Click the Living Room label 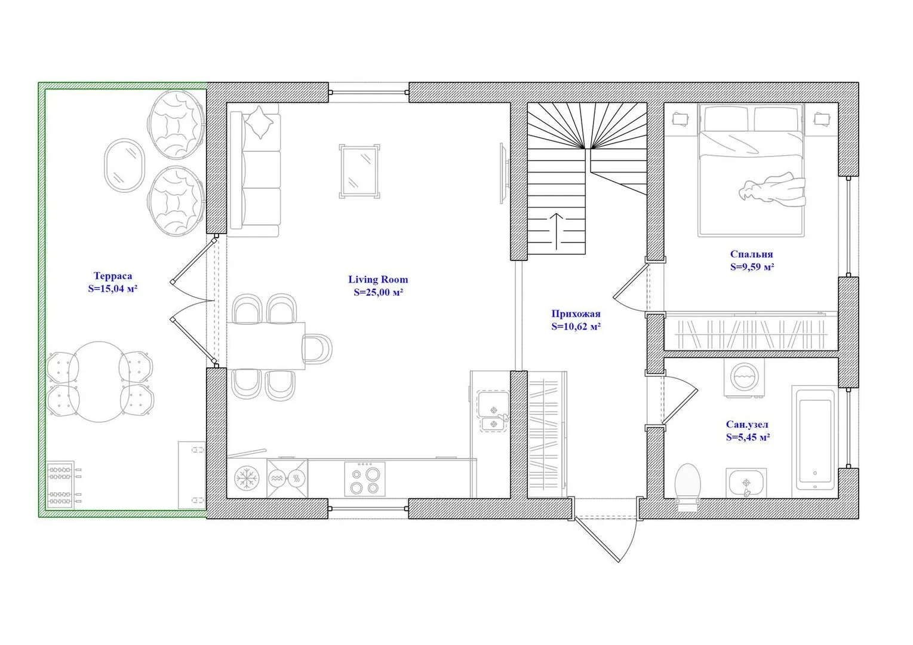pos(378,279)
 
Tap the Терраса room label pos(113,276)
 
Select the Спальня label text pos(752,254)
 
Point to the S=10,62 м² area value pos(576,327)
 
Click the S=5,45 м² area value pos(748,438)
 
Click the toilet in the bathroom pos(688,487)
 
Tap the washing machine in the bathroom pos(744,377)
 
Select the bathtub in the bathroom pos(814,441)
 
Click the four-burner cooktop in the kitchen pos(365,478)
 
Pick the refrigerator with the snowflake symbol pos(247,478)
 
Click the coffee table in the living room pos(359,171)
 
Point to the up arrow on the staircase pos(557,231)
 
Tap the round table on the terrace pos(99,382)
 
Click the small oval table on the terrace pos(124,165)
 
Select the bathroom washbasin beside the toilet pos(746,483)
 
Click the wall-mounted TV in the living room pos(504,173)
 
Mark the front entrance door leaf pos(597,540)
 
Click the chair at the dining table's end pos(318,349)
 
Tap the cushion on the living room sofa pos(259,122)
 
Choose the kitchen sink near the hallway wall pos(493,411)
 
